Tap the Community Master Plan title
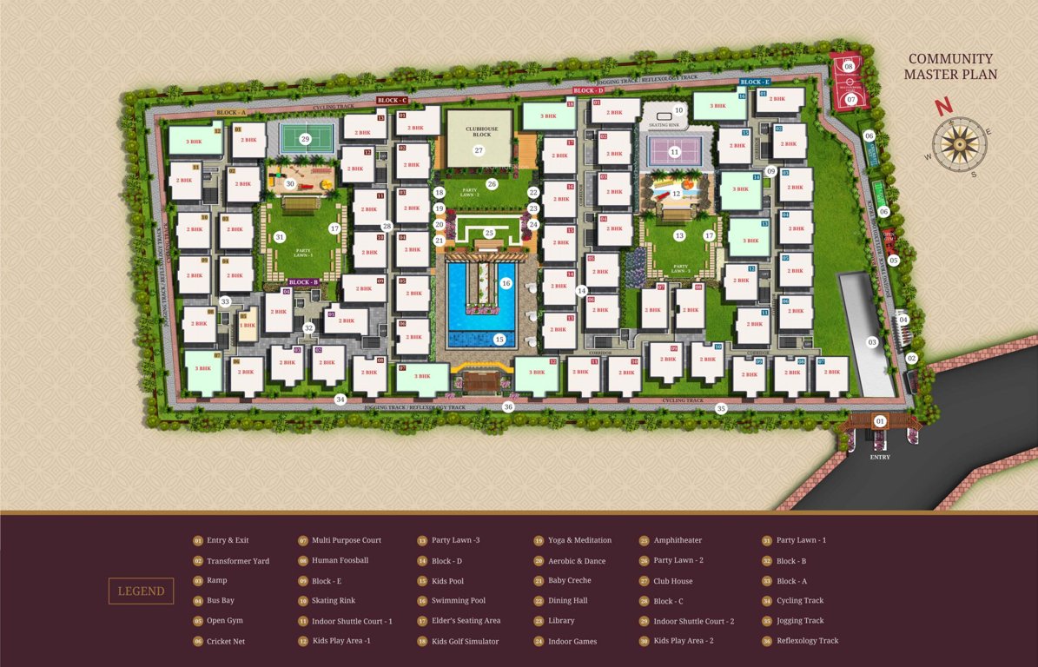click(x=950, y=67)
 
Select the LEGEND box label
click(x=141, y=591)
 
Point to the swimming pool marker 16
click(x=506, y=283)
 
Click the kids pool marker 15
click(x=499, y=340)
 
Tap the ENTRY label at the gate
click(x=880, y=457)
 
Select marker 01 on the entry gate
click(x=880, y=421)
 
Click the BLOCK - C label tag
click(x=393, y=101)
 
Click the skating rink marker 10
click(x=679, y=110)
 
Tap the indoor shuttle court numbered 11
click(x=675, y=151)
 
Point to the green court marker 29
click(x=305, y=138)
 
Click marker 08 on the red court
click(x=849, y=66)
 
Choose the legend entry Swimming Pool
click(x=458, y=601)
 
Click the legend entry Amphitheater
click(x=678, y=540)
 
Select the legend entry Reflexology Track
click(x=807, y=641)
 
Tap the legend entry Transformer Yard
click(x=237, y=561)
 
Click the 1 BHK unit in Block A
click(x=248, y=326)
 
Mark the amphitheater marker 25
click(x=489, y=233)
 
